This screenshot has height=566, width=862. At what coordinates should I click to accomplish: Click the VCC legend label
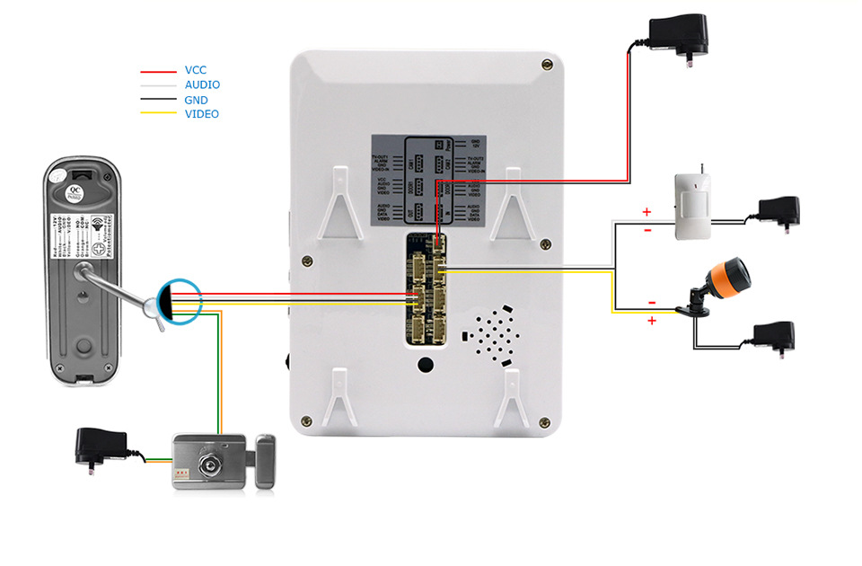pos(197,70)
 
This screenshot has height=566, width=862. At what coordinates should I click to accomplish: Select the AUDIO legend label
pos(202,84)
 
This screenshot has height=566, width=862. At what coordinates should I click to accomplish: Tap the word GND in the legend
pos(196,100)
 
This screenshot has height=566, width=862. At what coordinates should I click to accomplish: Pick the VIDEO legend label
pos(201,114)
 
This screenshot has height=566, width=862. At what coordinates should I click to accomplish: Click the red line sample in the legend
pos(158,71)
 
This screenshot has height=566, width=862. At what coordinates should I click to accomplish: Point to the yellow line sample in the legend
pos(158,114)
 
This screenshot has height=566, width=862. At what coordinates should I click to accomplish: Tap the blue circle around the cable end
pos(180,299)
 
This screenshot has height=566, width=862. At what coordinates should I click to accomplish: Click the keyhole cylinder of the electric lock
pos(210,465)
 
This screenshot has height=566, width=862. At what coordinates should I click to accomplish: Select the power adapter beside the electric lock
pos(101,445)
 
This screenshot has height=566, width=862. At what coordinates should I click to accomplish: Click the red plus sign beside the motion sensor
pos(646,213)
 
